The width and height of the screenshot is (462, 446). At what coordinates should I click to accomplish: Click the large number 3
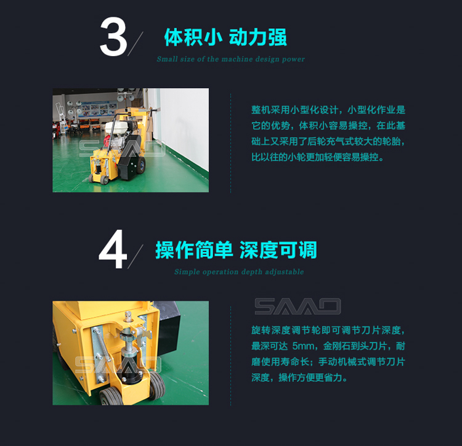(113, 36)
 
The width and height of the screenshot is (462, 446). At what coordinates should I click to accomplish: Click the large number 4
(113, 249)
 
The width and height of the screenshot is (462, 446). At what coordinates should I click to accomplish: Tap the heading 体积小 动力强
(225, 38)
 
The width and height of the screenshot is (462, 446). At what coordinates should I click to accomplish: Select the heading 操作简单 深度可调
(237, 250)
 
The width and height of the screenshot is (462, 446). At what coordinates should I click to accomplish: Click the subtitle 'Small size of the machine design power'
(231, 59)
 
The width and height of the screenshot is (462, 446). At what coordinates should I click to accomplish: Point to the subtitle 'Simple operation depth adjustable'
(239, 272)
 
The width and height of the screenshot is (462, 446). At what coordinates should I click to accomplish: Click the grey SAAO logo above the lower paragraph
(298, 306)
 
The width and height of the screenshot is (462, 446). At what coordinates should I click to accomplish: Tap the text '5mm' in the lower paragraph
(303, 346)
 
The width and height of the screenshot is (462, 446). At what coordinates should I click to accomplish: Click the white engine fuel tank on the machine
(115, 126)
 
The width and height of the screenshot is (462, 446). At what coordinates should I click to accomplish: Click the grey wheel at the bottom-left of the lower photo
(111, 397)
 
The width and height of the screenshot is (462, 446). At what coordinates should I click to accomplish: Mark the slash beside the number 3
(136, 44)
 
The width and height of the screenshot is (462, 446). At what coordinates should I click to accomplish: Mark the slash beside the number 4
(136, 256)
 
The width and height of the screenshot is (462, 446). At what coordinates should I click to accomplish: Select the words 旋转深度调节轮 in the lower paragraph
(285, 330)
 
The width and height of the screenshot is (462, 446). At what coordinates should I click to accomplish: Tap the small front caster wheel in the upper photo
(104, 179)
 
